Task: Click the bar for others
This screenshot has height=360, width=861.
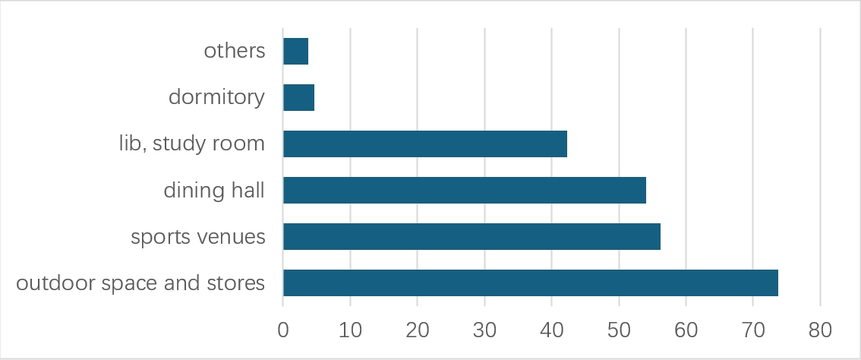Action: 295,52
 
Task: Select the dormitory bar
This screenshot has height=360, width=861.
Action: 298,98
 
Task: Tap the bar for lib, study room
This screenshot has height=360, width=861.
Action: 424,144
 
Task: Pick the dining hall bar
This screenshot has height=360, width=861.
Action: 464,191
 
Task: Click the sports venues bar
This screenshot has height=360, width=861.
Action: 471,237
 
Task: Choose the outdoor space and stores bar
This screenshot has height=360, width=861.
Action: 530,283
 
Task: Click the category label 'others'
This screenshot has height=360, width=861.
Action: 235,52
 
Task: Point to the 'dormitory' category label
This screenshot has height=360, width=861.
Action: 216,98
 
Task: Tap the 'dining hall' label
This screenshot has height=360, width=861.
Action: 214,191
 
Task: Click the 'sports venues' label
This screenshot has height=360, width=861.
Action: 198,237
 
